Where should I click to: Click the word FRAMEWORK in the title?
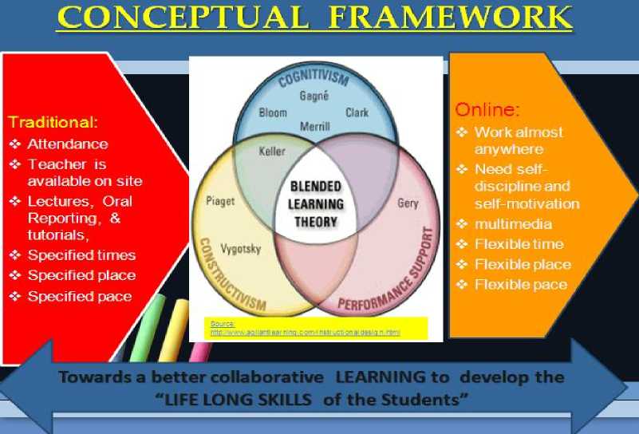(450, 17)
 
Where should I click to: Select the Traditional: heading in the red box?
(53, 123)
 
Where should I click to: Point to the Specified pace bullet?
(80, 296)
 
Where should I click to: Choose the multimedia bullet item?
(512, 224)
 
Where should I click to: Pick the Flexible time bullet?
(519, 244)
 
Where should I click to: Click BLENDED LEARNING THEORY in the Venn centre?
(315, 203)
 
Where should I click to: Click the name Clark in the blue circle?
(357, 112)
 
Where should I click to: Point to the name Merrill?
(314, 127)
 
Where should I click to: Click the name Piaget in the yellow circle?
(220, 201)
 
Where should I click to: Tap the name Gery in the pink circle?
(407, 203)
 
